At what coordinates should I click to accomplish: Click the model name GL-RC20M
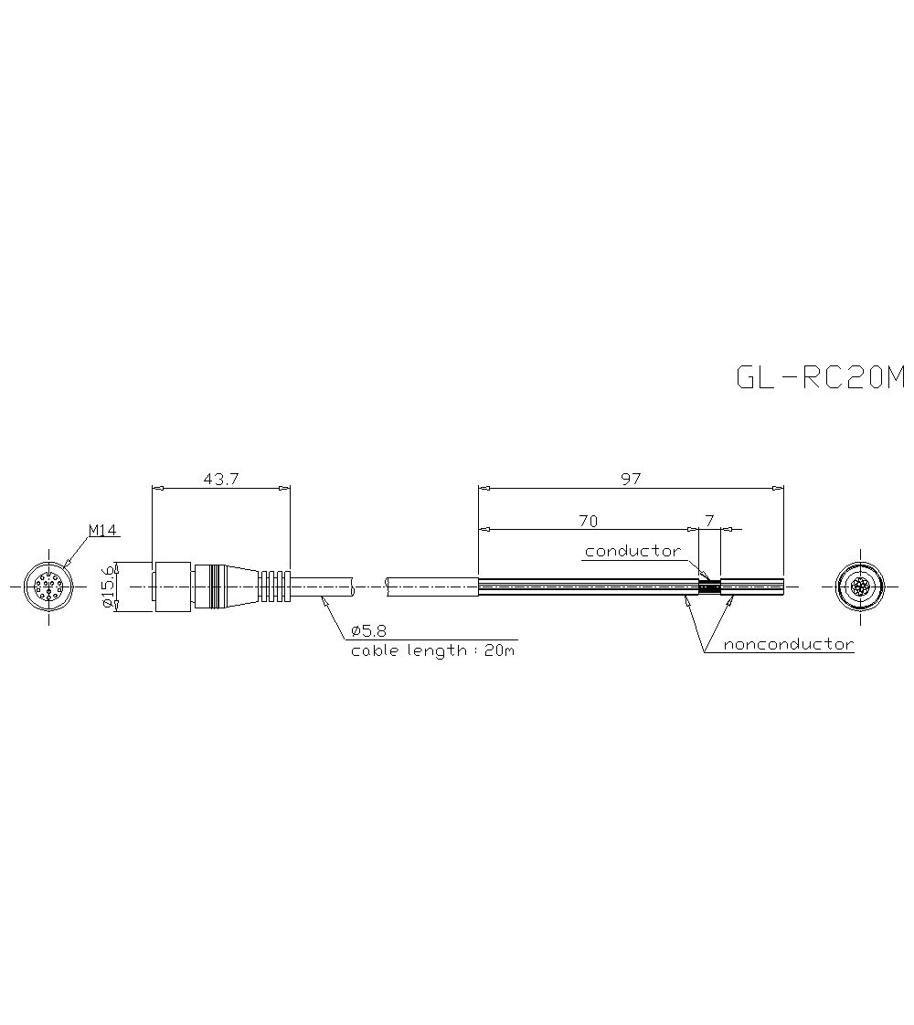tap(820, 377)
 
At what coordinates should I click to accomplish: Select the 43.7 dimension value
tap(219, 479)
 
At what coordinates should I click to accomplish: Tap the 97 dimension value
tap(631, 479)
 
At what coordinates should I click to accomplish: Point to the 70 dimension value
tap(588, 521)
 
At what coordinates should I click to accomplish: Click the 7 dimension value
tap(709, 521)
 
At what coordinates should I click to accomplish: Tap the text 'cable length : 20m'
tap(433, 651)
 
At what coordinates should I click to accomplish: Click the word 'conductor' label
tap(632, 551)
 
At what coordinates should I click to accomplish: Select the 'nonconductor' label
tap(788, 644)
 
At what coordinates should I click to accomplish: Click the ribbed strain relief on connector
tap(274, 586)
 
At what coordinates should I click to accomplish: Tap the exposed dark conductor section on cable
tap(709, 586)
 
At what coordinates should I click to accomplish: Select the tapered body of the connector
tap(238, 586)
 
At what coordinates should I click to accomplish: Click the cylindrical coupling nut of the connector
tap(174, 586)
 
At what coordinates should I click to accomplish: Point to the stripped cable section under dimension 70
tap(585, 586)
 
